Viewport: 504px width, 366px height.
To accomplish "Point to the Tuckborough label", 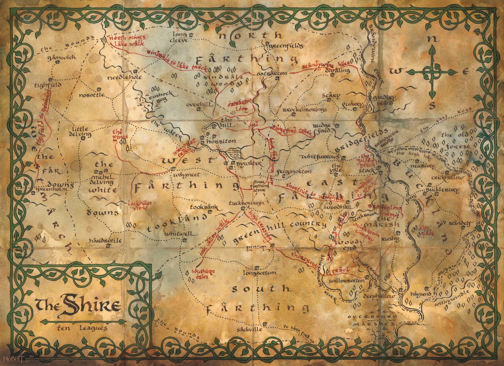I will click(x=246, y=203).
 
